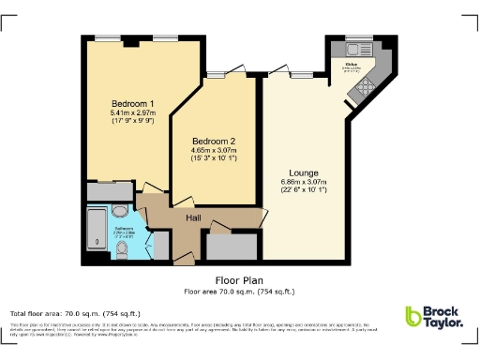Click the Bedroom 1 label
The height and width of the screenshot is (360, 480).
(x=132, y=103)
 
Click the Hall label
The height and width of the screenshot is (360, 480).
(x=194, y=218)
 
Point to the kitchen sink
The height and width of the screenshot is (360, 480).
(x=355, y=50)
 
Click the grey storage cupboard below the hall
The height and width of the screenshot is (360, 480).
(x=231, y=247)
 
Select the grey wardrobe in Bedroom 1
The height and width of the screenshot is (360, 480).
(x=110, y=191)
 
